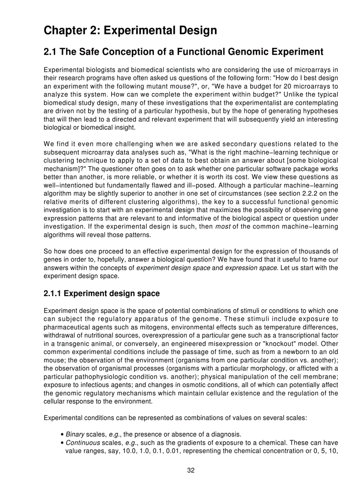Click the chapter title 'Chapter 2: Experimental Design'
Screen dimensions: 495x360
(x=130, y=30)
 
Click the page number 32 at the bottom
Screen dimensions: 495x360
(x=191, y=470)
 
